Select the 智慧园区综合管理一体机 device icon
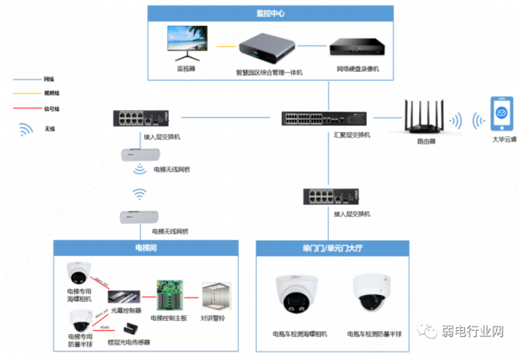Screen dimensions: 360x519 point(268,47)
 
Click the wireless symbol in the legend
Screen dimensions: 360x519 point(27,129)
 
